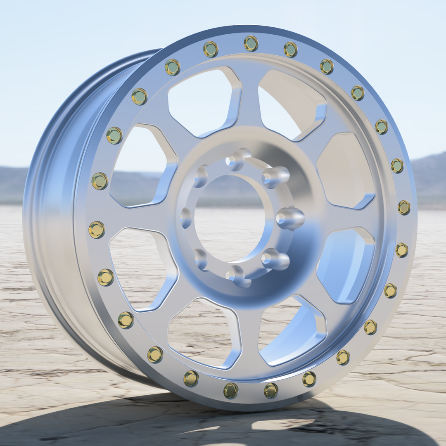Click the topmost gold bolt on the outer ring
tap(251, 43)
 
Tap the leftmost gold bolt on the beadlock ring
tap(96, 230)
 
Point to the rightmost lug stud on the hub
tap(290, 218)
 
